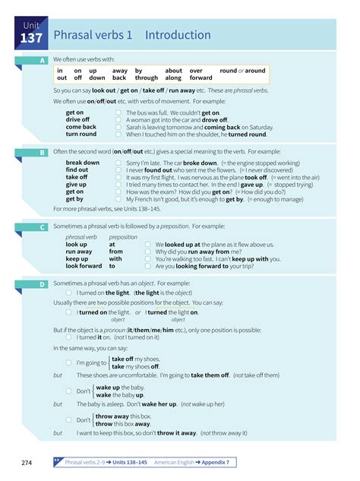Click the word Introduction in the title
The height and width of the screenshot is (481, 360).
pyautogui.click(x=178, y=35)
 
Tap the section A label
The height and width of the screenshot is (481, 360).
pyautogui.click(x=43, y=60)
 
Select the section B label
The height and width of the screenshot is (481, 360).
pyautogui.click(x=43, y=153)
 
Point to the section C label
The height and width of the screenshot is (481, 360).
pyautogui.click(x=43, y=226)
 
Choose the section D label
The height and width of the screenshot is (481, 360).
pyautogui.click(x=43, y=284)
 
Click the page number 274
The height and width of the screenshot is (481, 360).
pyautogui.click(x=22, y=462)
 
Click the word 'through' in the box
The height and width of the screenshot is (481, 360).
pyautogui.click(x=147, y=78)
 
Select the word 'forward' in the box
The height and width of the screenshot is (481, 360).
pyautogui.click(x=201, y=78)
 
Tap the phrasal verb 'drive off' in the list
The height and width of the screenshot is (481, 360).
pyautogui.click(x=77, y=120)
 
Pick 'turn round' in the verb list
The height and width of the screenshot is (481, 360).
pyautogui.click(x=81, y=134)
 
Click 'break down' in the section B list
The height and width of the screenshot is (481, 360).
pyautogui.click(x=82, y=163)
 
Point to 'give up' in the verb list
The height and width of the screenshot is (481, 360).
pyautogui.click(x=76, y=185)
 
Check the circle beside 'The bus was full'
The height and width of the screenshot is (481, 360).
pyautogui.click(x=118, y=112)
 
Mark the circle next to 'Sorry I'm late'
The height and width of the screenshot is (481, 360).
pyautogui.click(x=118, y=163)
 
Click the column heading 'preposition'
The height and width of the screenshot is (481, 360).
pyautogui.click(x=123, y=237)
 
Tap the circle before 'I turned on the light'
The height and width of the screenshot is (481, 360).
pyautogui.click(x=69, y=293)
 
